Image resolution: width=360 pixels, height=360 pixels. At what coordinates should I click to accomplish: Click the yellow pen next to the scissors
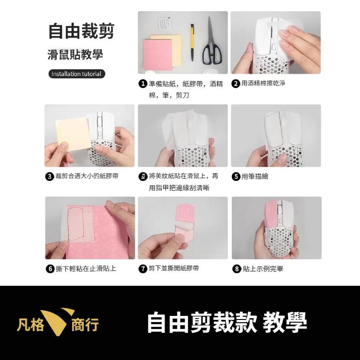click(192, 42)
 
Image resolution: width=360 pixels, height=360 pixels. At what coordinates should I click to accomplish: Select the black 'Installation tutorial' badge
click(76, 74)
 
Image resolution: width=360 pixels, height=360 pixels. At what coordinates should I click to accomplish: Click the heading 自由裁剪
click(81, 31)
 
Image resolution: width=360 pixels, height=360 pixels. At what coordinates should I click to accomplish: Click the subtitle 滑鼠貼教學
click(75, 55)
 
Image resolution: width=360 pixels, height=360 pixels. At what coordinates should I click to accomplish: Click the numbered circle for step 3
click(49, 176)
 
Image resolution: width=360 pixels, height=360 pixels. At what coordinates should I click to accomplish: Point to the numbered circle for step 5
click(236, 176)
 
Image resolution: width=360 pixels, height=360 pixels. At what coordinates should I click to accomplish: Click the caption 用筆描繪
click(255, 176)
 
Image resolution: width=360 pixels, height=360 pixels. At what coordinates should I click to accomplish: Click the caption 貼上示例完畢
click(263, 269)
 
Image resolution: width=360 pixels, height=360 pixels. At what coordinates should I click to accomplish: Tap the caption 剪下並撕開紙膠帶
click(174, 269)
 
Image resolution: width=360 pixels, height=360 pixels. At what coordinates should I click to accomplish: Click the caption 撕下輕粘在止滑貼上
click(85, 269)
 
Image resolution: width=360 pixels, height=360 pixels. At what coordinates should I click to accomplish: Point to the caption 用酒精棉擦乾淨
click(263, 84)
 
